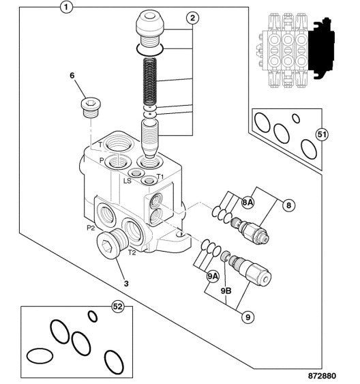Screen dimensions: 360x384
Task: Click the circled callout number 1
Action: point(66,7)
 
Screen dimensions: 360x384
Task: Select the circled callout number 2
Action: point(192,18)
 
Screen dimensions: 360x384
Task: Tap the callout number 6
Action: point(72,76)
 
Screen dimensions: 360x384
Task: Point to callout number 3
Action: point(126,284)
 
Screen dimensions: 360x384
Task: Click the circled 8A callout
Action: point(248,203)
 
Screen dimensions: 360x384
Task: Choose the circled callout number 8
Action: point(289,205)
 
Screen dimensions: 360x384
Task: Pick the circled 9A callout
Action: point(213,276)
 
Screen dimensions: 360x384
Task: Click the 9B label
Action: point(226,291)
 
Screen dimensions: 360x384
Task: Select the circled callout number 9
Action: point(248,317)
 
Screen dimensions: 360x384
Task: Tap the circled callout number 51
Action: point(322,134)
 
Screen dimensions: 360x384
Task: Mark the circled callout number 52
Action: point(118,306)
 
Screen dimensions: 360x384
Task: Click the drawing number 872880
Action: point(322,376)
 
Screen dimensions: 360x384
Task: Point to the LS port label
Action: point(127,181)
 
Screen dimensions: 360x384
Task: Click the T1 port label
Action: point(160,177)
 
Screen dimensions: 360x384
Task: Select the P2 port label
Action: point(91,228)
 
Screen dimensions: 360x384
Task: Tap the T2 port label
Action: point(132,252)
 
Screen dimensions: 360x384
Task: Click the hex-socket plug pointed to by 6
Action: point(91,108)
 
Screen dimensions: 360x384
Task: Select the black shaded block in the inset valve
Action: point(321,48)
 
